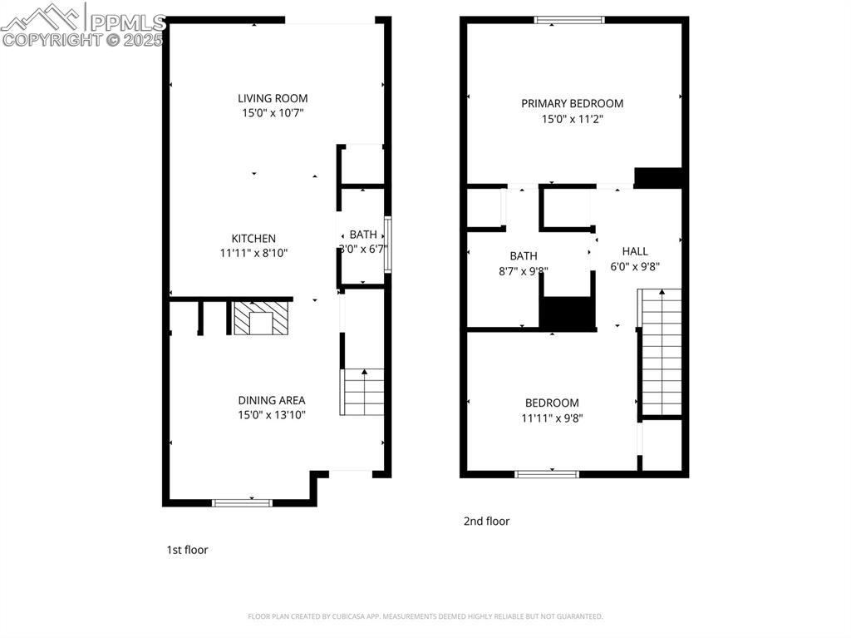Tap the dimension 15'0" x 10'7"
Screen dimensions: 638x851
(273, 113)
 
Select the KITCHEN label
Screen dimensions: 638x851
(253, 239)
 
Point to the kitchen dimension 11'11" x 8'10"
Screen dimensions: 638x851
(253, 253)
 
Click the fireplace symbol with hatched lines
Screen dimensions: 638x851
(260, 318)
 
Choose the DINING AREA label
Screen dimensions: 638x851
(272, 400)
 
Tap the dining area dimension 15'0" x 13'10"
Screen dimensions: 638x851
(272, 414)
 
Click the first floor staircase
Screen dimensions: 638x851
(363, 392)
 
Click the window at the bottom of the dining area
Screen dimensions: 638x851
(243, 502)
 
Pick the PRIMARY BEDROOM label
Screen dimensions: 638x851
(572, 104)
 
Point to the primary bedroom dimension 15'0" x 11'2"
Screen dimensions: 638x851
(572, 119)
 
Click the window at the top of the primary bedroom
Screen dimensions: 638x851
(569, 20)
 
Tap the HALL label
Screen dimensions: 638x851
(635, 251)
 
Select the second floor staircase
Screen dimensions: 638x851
(660, 352)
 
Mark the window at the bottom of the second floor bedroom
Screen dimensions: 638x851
(547, 474)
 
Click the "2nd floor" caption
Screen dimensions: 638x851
(486, 522)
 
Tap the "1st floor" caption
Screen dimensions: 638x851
(187, 550)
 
